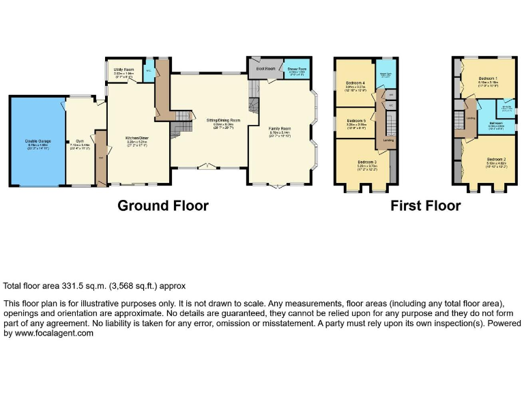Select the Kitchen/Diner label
click(x=136, y=137)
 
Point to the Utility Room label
click(x=124, y=70)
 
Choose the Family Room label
click(x=279, y=128)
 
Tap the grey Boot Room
click(x=265, y=69)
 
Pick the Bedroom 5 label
click(x=355, y=121)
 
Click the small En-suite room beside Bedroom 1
click(x=508, y=108)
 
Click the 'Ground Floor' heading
click(x=163, y=205)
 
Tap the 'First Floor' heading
click(x=426, y=205)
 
